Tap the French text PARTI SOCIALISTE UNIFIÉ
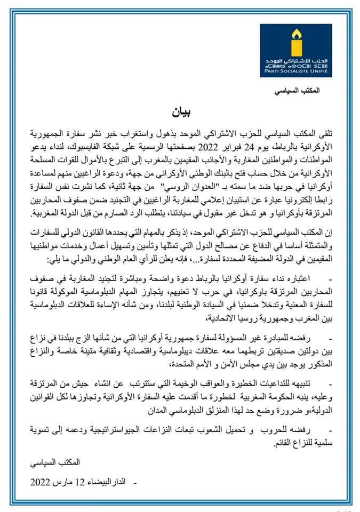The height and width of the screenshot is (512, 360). tap(296, 70)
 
